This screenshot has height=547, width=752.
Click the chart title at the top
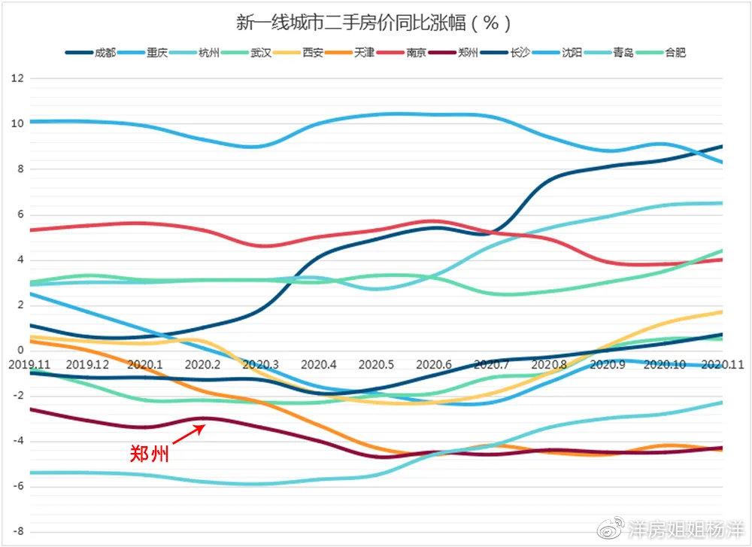click(x=374, y=23)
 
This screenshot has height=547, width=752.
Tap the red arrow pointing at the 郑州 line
click(x=188, y=435)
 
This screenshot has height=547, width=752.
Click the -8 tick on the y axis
click(x=19, y=531)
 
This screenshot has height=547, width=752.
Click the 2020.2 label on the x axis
click(x=202, y=364)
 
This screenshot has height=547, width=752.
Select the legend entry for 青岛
click(x=623, y=53)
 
